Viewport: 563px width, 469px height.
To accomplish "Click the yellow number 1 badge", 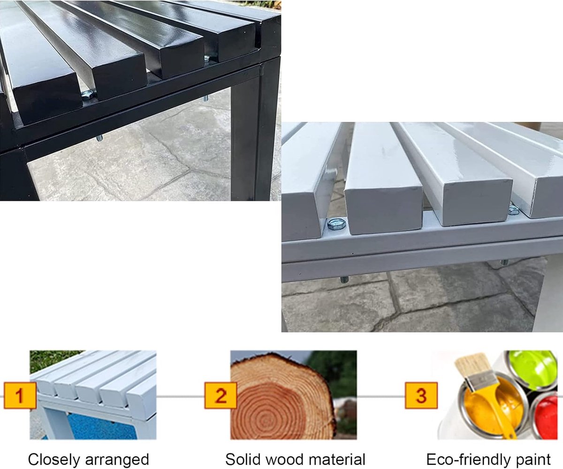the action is (x=20, y=395).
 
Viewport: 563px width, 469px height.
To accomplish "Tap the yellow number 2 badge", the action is (x=221, y=395).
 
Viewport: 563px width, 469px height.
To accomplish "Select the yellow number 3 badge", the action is (x=421, y=395).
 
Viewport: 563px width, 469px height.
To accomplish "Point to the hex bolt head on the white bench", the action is (x=337, y=224).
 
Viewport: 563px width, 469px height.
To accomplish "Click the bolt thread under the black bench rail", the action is (x=99, y=138).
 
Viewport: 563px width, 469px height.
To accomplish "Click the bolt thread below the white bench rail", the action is (x=344, y=280).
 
